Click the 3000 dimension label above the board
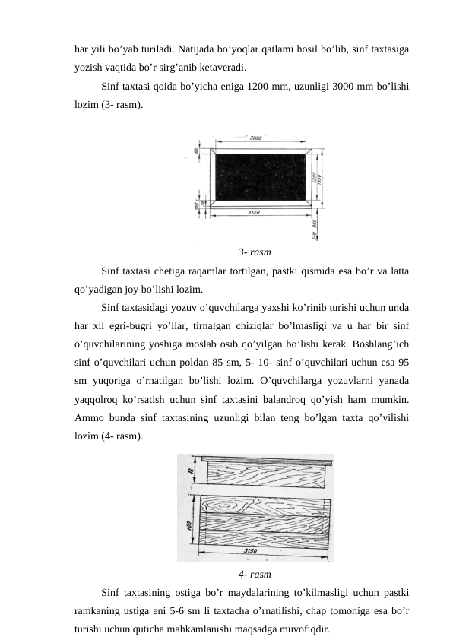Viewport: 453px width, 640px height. (x=256, y=138)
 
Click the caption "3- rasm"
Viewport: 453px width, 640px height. (x=255, y=252)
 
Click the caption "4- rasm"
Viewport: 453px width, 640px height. (x=255, y=574)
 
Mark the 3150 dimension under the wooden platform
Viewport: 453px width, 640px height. (x=265, y=550)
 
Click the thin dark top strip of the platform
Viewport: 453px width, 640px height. (x=266, y=459)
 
